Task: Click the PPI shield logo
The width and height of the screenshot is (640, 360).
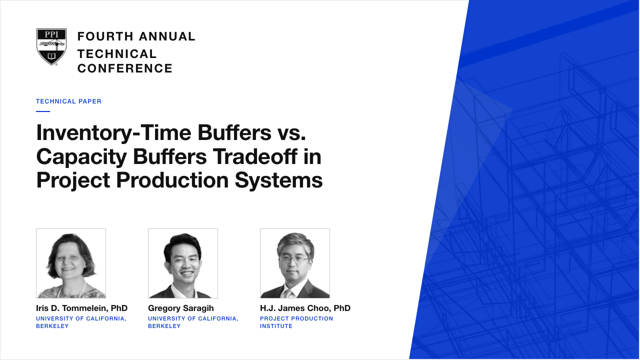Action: point(51,46)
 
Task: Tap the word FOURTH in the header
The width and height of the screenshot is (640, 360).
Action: point(105,36)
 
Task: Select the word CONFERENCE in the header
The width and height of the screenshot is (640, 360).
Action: point(125,68)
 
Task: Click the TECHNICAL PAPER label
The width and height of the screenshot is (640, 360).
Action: point(68,101)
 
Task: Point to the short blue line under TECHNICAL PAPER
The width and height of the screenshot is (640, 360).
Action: point(43,111)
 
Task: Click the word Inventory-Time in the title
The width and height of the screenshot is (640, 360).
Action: point(113,133)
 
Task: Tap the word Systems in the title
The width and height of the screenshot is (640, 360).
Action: point(279,181)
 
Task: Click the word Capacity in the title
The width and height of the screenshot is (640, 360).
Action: point(81,157)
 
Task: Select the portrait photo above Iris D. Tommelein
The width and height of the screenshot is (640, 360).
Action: point(71,263)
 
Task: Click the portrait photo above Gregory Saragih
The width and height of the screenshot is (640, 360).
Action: point(183,263)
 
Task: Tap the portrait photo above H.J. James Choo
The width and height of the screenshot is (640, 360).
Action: point(295,263)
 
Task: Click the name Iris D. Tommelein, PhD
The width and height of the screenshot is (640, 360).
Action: point(81,308)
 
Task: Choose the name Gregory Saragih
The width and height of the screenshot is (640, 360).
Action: point(181,308)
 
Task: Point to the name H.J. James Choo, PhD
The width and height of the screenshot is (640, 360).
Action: point(305,308)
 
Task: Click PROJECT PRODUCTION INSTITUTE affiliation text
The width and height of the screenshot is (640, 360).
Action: point(296,322)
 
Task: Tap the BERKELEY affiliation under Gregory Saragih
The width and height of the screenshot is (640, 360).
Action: point(164,326)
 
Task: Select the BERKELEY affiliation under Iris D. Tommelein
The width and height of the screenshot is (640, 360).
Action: point(52,326)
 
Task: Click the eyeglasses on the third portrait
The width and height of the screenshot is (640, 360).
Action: point(294,259)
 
